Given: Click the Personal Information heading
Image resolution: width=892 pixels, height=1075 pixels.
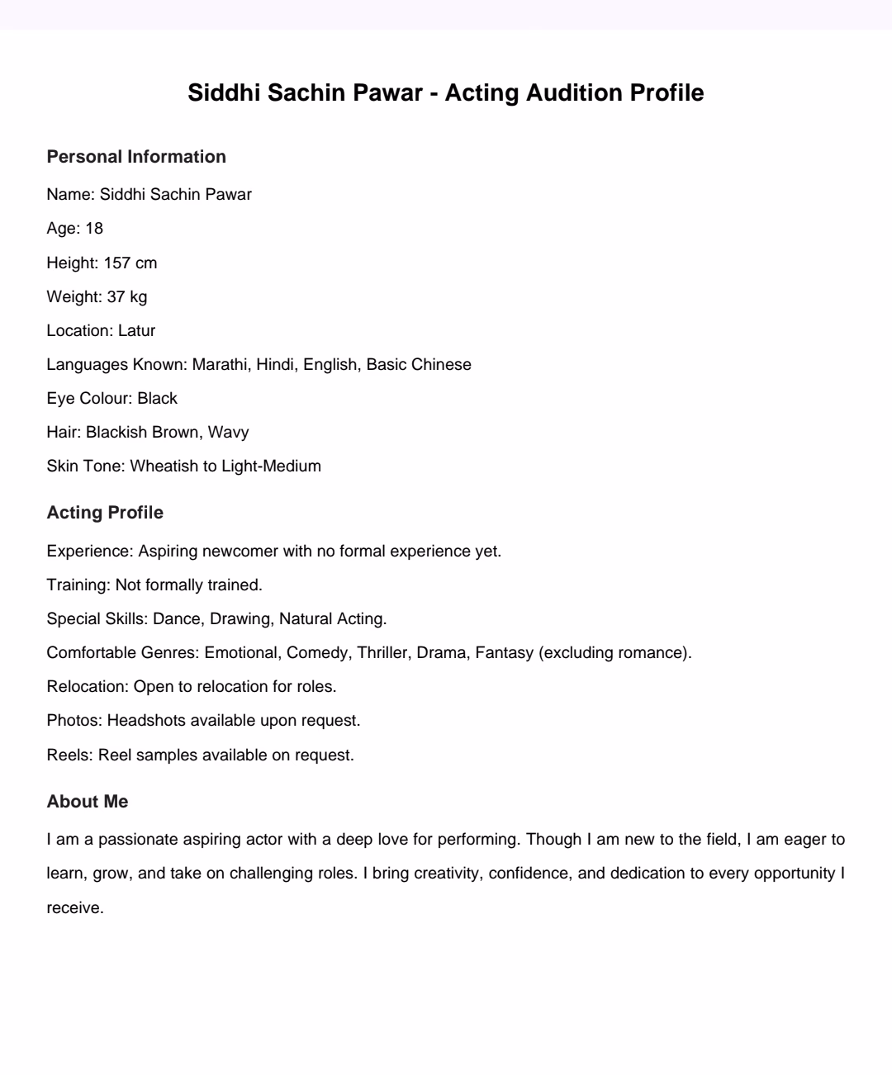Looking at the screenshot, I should tap(136, 157).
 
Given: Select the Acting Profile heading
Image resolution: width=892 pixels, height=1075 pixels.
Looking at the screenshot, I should tap(105, 513).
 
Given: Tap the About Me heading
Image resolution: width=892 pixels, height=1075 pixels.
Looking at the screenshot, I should tap(88, 802).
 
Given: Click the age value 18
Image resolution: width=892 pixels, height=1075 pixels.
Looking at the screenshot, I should tap(94, 229).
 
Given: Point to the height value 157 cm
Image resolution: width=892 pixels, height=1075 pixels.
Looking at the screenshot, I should tap(130, 263).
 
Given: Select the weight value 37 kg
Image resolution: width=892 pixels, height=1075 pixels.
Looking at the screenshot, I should tap(127, 297).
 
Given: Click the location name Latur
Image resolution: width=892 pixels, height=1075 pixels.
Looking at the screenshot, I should tap(136, 331).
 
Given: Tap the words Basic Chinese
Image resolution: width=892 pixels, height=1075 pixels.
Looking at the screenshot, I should tap(419, 365).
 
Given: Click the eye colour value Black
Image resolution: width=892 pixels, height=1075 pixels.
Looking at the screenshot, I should tap(157, 399).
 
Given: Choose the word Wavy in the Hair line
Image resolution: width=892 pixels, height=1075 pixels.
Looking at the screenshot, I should tap(228, 433).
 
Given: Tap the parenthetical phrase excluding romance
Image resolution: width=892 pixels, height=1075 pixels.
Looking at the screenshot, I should tap(614, 653).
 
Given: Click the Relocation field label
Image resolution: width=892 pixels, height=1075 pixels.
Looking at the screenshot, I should tap(88, 687).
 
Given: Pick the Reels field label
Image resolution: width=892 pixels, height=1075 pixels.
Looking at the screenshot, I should tap(70, 755).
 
